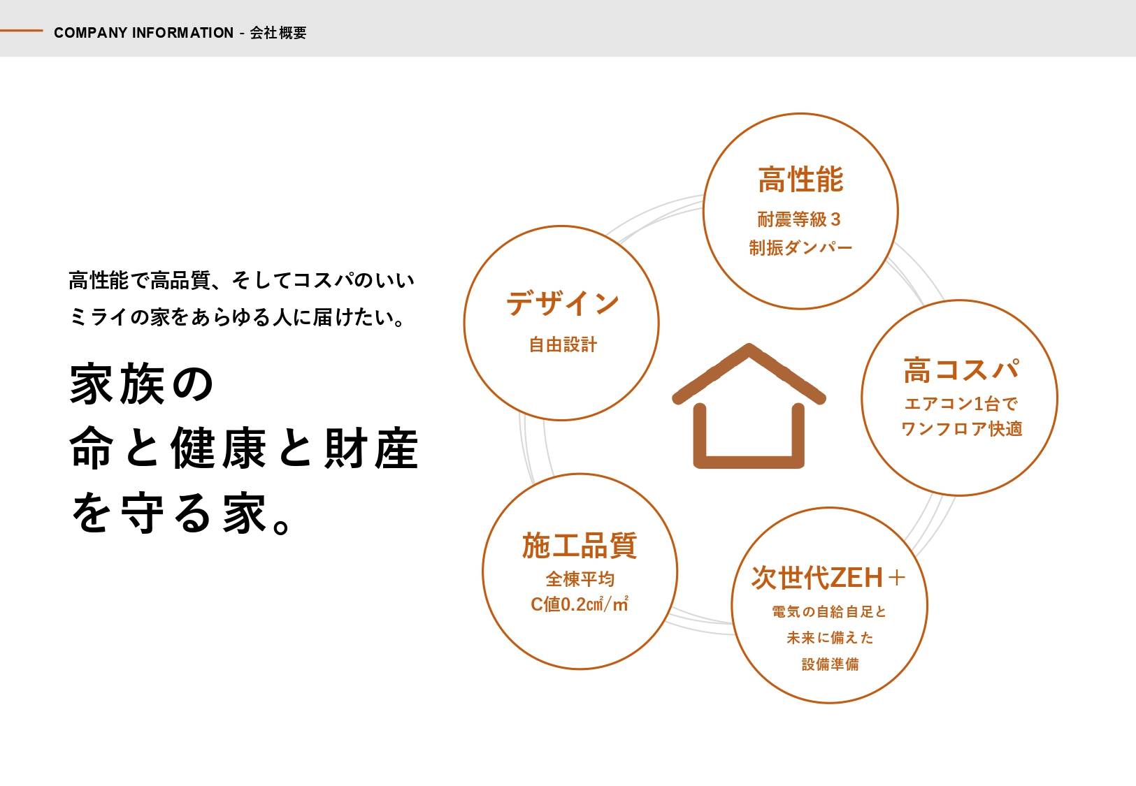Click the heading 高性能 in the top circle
(800, 180)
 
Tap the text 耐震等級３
(799, 219)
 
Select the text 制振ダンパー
(800, 248)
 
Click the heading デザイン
(563, 303)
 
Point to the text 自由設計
(563, 344)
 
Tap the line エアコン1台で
(961, 403)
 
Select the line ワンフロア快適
(961, 429)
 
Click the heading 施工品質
(579, 545)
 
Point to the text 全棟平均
(580, 578)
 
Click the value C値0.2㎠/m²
(579, 604)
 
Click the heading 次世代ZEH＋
(828, 578)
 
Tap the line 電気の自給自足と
(828, 611)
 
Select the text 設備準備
(830, 664)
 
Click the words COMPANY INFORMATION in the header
(143, 33)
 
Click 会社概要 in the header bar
(278, 33)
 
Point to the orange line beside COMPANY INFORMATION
(21, 31)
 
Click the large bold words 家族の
(141, 384)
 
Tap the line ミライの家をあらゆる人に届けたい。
(238, 317)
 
